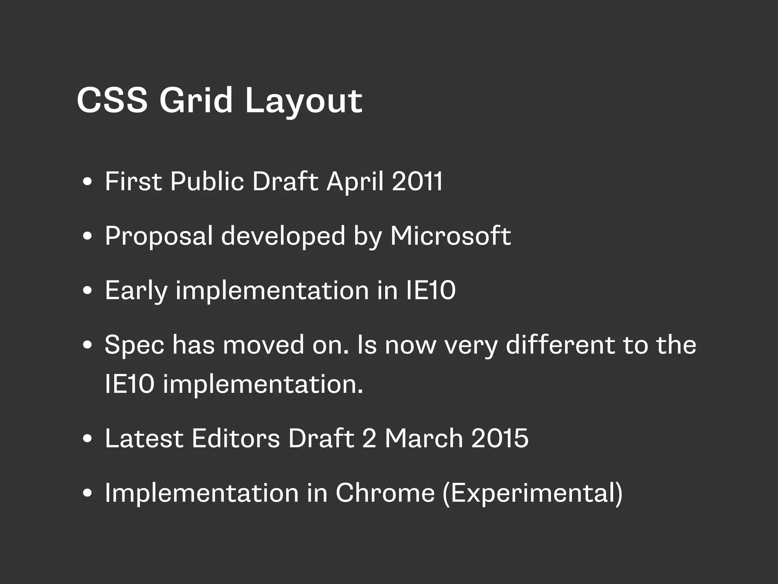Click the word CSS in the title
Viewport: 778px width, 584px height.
[112, 100]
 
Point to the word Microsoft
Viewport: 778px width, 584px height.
[450, 236]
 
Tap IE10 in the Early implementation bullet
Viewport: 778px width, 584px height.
[431, 290]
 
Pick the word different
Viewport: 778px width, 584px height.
[560, 345]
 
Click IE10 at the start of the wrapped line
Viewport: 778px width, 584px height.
[130, 384]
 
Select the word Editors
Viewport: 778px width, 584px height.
[236, 438]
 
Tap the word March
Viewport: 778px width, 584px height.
[424, 438]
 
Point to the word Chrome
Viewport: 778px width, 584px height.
[384, 493]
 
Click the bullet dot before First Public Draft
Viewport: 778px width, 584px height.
[87, 182]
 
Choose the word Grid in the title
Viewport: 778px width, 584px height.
[195, 100]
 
